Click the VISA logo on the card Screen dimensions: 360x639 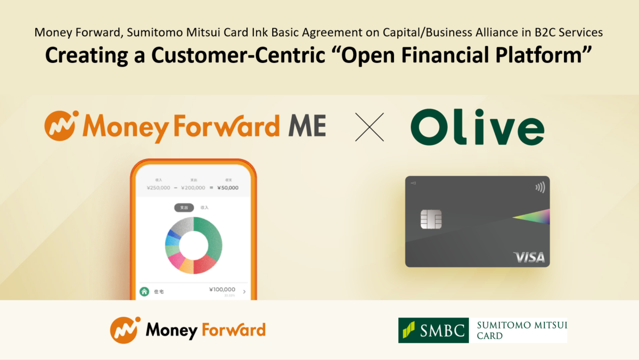[x=529, y=258]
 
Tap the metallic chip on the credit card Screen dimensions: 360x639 [x=431, y=219]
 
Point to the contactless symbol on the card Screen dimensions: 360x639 [x=540, y=187]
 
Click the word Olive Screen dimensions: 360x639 [x=477, y=128]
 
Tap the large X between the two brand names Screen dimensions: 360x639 [x=369, y=127]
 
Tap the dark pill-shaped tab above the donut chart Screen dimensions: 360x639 [x=184, y=208]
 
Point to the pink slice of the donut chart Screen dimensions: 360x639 [x=176, y=260]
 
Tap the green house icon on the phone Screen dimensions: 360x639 [x=144, y=291]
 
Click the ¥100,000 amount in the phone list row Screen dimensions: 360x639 [x=223, y=290]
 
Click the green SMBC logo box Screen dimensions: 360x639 [x=433, y=330]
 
